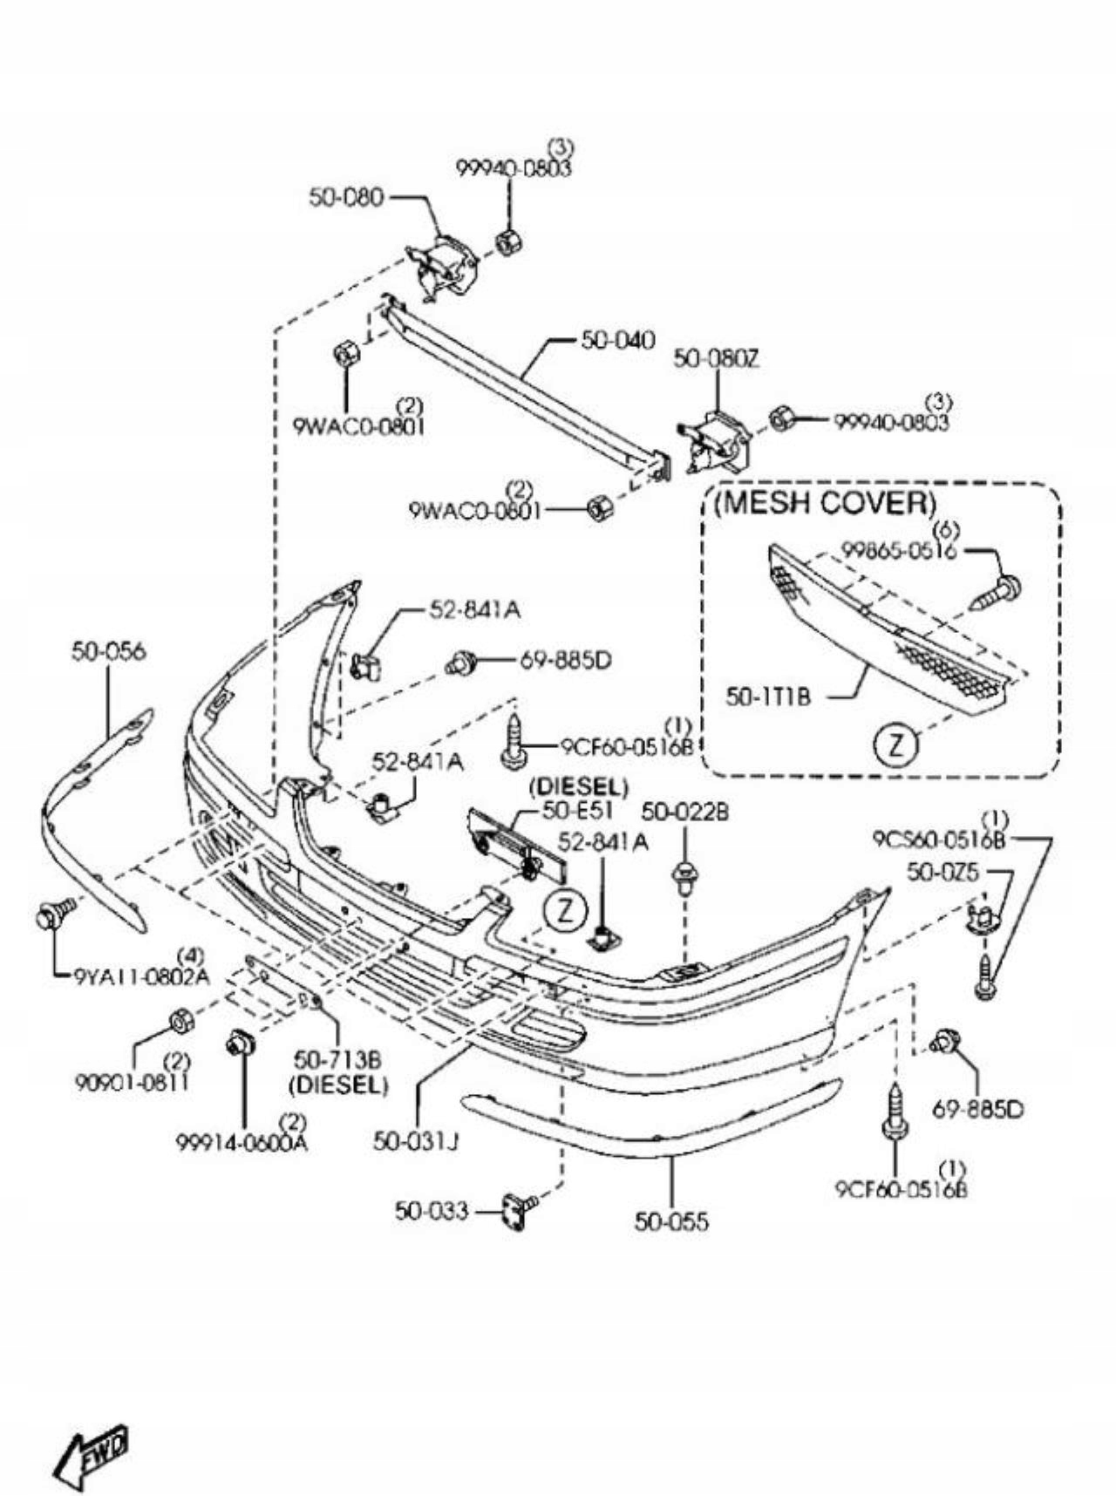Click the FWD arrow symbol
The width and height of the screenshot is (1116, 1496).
[x=92, y=1454]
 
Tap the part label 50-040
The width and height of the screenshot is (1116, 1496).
[x=617, y=340]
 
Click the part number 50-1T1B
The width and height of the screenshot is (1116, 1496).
[x=768, y=697]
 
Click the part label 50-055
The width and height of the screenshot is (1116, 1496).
[x=671, y=1221]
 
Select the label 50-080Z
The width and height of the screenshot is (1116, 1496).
[x=716, y=358]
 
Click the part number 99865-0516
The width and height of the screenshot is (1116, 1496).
[x=899, y=551]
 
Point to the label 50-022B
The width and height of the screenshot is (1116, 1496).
[x=685, y=813]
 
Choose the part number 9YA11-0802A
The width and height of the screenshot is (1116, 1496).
[x=142, y=976]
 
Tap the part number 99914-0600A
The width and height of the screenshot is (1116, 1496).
[x=242, y=1141]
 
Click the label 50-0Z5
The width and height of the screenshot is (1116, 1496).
[x=942, y=871]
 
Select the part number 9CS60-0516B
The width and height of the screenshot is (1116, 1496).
[x=939, y=840]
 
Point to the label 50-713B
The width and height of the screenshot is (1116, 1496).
[x=337, y=1060]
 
